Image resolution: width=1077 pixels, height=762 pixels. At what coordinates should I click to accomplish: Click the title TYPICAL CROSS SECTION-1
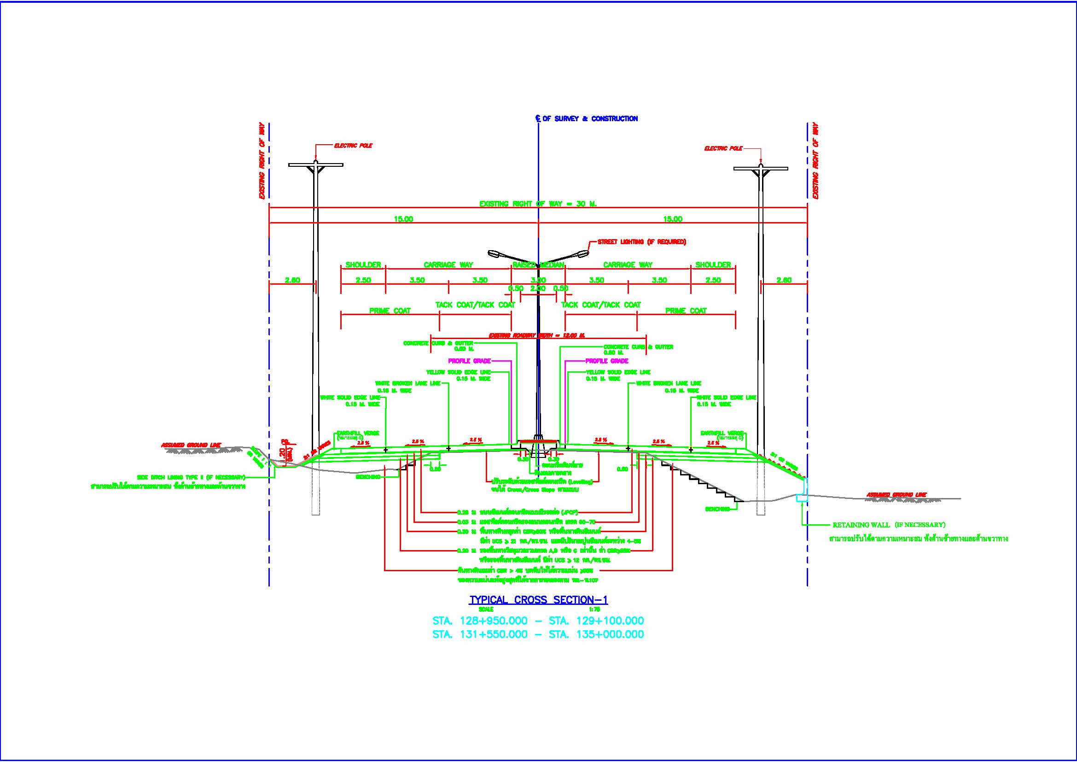tap(539, 600)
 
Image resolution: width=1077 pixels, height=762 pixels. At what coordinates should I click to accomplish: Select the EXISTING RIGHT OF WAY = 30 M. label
tap(537, 204)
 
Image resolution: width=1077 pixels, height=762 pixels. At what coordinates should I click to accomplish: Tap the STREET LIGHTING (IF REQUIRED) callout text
tap(641, 242)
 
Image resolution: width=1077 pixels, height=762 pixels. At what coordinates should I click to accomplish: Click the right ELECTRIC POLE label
tap(723, 149)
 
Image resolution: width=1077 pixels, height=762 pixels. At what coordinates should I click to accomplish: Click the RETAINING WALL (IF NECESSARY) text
tap(888, 525)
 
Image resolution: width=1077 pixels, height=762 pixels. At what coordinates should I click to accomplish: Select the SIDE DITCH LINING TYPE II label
tap(191, 478)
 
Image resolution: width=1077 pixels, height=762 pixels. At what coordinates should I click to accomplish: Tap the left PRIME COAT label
tap(390, 311)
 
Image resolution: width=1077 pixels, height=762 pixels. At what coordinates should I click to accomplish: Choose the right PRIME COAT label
tap(686, 311)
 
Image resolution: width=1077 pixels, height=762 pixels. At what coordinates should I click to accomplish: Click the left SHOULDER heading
tap(363, 265)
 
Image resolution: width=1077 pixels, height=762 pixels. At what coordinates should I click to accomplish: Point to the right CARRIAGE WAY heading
tap(628, 265)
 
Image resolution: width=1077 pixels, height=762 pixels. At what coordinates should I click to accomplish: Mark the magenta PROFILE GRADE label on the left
tap(470, 361)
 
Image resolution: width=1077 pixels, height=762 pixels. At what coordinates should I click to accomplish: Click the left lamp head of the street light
tap(494, 254)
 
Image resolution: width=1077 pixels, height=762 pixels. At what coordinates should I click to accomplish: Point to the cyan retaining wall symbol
tap(802, 490)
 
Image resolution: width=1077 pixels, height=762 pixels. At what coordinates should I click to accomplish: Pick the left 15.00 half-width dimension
tap(403, 219)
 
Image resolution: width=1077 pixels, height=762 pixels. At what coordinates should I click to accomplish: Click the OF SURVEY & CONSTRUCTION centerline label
tap(590, 119)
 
